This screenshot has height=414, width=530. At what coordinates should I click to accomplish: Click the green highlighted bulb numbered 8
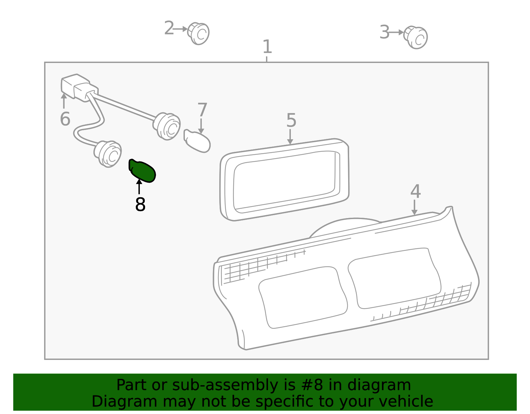(x=142, y=170)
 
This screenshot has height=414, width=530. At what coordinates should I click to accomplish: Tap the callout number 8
(x=140, y=204)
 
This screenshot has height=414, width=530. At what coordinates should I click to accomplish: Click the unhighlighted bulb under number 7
(x=197, y=141)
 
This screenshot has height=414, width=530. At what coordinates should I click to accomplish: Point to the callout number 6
(x=65, y=119)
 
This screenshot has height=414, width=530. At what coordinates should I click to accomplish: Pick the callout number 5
(x=291, y=120)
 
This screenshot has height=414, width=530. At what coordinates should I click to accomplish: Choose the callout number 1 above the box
(x=267, y=46)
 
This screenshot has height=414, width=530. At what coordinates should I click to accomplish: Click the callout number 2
(x=169, y=28)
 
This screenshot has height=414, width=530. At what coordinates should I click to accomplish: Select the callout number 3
(x=385, y=32)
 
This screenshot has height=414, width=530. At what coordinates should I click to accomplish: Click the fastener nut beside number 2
(x=198, y=33)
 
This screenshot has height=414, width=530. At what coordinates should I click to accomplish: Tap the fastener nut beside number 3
(x=415, y=37)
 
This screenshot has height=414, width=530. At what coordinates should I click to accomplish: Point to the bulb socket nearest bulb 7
(x=167, y=126)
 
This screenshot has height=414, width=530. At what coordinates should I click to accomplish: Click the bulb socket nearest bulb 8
(x=108, y=154)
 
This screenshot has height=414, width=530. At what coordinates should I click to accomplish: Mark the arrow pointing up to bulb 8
(x=139, y=186)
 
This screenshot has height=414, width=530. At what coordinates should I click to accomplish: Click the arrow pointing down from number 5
(x=290, y=137)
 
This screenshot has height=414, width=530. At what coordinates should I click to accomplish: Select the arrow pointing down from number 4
(x=414, y=207)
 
